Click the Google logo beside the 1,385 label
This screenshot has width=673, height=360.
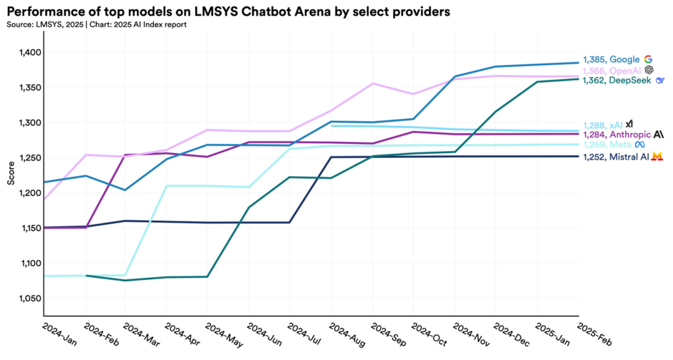pos(648,59)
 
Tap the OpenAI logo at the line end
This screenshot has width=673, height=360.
pos(649,70)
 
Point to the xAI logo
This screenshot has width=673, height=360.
pos(629,124)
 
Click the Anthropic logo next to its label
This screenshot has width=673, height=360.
pos(659,135)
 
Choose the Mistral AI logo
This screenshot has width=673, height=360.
pos(656,157)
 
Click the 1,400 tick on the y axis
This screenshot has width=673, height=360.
pos(30,53)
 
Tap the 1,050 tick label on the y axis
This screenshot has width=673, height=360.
pos(30,298)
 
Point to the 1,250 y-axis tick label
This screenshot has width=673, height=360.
pos(30,158)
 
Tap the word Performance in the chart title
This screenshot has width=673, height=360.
pos(43,12)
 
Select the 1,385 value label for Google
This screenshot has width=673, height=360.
pos(595,59)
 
